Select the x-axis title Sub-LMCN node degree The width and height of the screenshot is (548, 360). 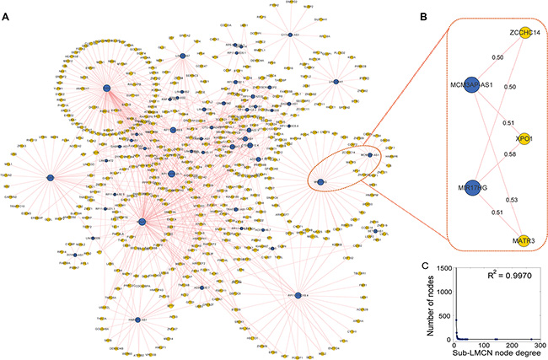pos(497,354)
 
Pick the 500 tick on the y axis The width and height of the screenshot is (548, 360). pos(447,318)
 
